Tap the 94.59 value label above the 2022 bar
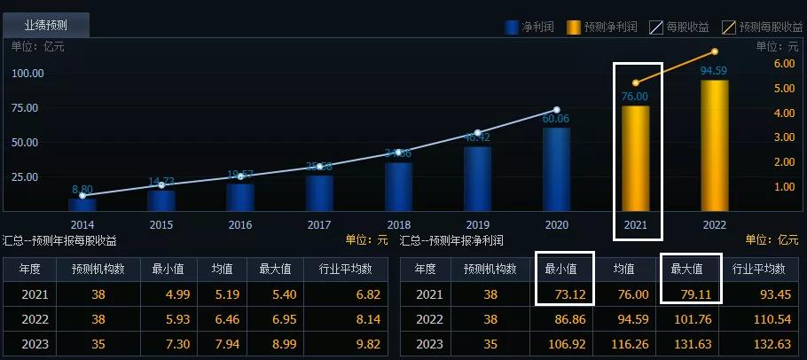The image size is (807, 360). pyautogui.click(x=714, y=71)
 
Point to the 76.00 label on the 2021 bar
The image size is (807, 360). pyautogui.click(x=635, y=97)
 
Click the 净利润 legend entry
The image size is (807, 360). pyautogui.click(x=529, y=27)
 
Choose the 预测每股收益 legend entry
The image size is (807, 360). pyautogui.click(x=762, y=27)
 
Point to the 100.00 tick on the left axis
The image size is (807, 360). pyautogui.click(x=28, y=74)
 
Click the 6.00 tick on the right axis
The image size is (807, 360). pyautogui.click(x=784, y=65)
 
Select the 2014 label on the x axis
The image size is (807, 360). pyautogui.click(x=82, y=225)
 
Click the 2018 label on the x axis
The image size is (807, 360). pyautogui.click(x=398, y=225)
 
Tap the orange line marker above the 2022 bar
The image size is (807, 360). pyautogui.click(x=714, y=51)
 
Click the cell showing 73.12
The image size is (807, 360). pyautogui.click(x=565, y=294)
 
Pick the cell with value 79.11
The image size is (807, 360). pyautogui.click(x=690, y=294)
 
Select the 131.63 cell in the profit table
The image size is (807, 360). pyautogui.click(x=690, y=344)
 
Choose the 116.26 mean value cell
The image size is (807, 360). pyautogui.click(x=629, y=344)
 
